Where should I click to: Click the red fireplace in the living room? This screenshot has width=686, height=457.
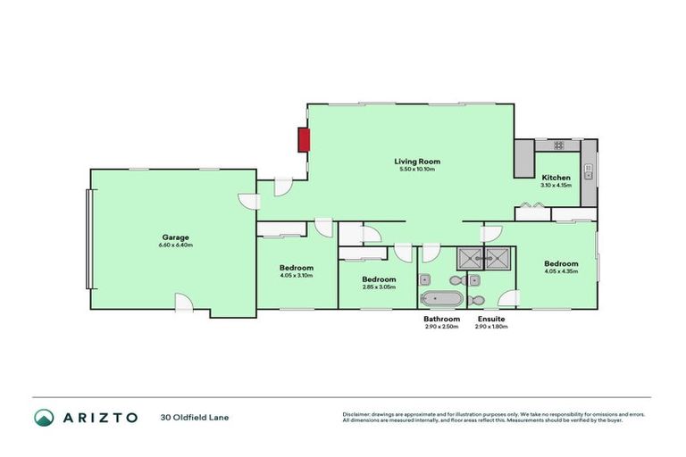coord(304,139)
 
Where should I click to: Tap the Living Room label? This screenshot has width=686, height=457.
coord(418,162)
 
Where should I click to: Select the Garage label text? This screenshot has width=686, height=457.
coord(175,237)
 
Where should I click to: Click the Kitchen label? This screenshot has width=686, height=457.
coord(556,178)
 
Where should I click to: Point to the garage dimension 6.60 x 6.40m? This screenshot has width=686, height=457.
coord(175,245)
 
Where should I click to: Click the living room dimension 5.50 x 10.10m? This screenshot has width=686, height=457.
coord(418,170)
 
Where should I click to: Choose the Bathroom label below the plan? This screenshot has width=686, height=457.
coord(441,319)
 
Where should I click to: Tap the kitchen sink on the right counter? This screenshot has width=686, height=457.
coord(589,172)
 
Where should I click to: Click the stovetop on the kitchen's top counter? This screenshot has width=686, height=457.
coord(559,145)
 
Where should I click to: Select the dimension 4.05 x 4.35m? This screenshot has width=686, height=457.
coord(561,271)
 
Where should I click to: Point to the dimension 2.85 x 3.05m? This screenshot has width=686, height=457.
coord(379,287)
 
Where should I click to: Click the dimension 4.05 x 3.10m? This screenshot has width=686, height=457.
coord(296,275)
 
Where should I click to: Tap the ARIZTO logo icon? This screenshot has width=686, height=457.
coord(44,417)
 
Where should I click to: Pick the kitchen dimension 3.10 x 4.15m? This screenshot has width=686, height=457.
coord(556,186)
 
